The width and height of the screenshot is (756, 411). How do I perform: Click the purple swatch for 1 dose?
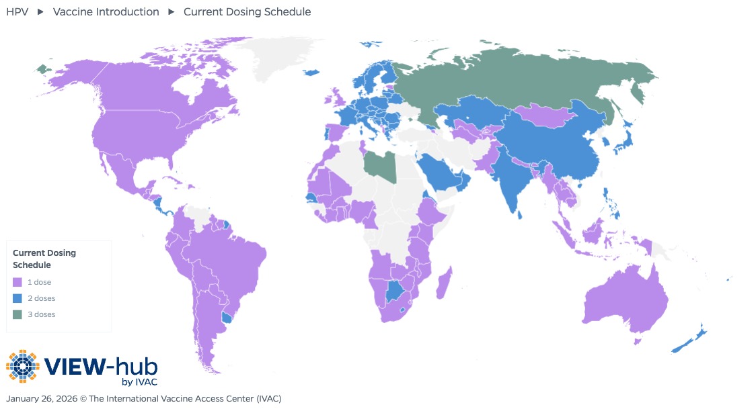17,283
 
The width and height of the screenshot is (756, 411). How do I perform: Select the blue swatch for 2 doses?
17,299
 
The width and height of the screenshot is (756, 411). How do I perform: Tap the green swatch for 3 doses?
17,315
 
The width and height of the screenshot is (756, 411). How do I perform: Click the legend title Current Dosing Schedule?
44,259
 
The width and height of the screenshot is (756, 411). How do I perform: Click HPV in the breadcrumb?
17,11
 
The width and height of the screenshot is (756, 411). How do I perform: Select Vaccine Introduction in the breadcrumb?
106,11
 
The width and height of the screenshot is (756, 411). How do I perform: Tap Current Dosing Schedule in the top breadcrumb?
247,11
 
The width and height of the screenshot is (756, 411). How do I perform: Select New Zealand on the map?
689,340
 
